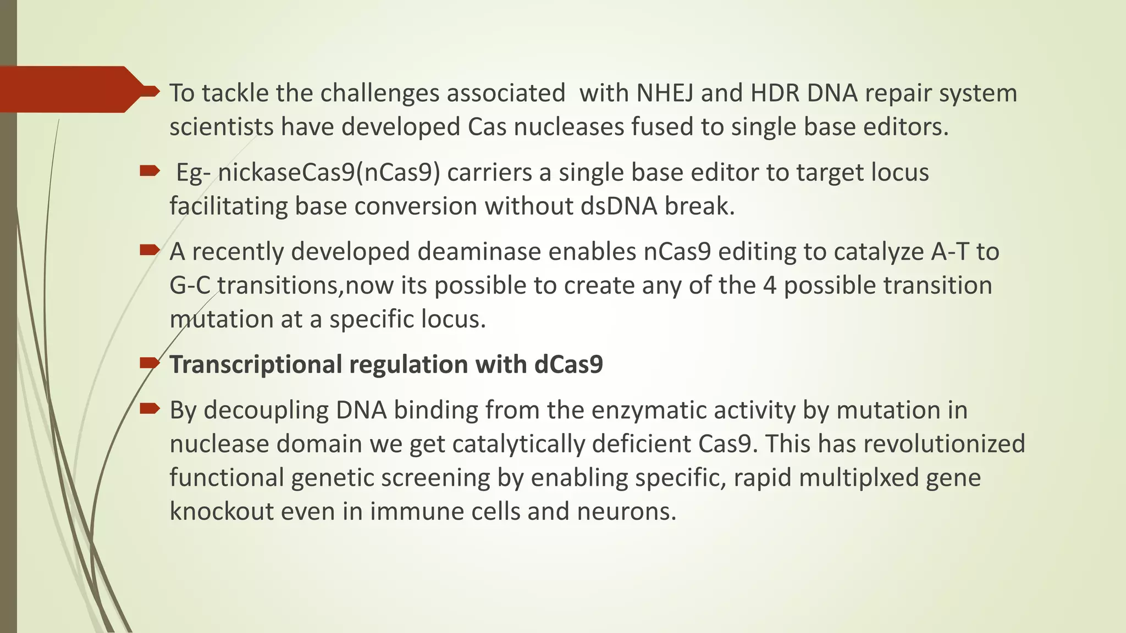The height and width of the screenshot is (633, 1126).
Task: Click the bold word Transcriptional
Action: pyautogui.click(x=256, y=365)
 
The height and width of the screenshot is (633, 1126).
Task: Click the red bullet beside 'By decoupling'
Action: pyautogui.click(x=149, y=408)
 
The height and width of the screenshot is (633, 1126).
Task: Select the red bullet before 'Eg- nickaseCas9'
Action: pyautogui.click(x=149, y=171)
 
